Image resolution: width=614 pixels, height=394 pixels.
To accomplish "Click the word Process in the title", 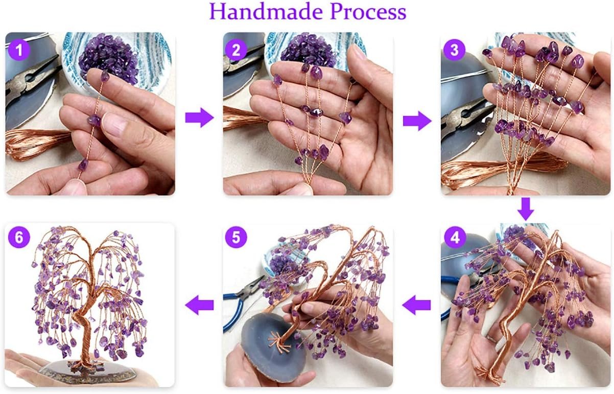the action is pyautogui.click(x=368, y=12).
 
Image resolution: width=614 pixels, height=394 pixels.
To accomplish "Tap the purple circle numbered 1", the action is pyautogui.click(x=19, y=50).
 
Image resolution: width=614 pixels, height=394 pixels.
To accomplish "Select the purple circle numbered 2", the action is pyautogui.click(x=237, y=50).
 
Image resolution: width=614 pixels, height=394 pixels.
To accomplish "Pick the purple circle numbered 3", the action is pyautogui.click(x=454, y=50).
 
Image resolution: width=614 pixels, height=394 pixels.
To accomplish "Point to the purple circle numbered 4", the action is pyautogui.click(x=455, y=238).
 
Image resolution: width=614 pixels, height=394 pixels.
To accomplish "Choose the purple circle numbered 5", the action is pyautogui.click(x=237, y=238).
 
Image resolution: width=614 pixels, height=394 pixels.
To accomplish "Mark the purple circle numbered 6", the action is pyautogui.click(x=19, y=238).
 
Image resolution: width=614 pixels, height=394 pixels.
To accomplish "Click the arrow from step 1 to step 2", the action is pyautogui.click(x=199, y=118).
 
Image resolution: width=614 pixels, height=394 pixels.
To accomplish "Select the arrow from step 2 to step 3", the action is pyautogui.click(x=417, y=121).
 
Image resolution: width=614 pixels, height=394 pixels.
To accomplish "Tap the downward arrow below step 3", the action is pyautogui.click(x=526, y=209).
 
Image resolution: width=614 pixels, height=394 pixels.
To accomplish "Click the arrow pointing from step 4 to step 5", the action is pyautogui.click(x=416, y=305).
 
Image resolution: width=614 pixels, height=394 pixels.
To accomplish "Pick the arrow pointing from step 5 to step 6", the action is pyautogui.click(x=199, y=305).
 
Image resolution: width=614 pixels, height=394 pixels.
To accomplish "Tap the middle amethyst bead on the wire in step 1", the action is pyautogui.click(x=95, y=120).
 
